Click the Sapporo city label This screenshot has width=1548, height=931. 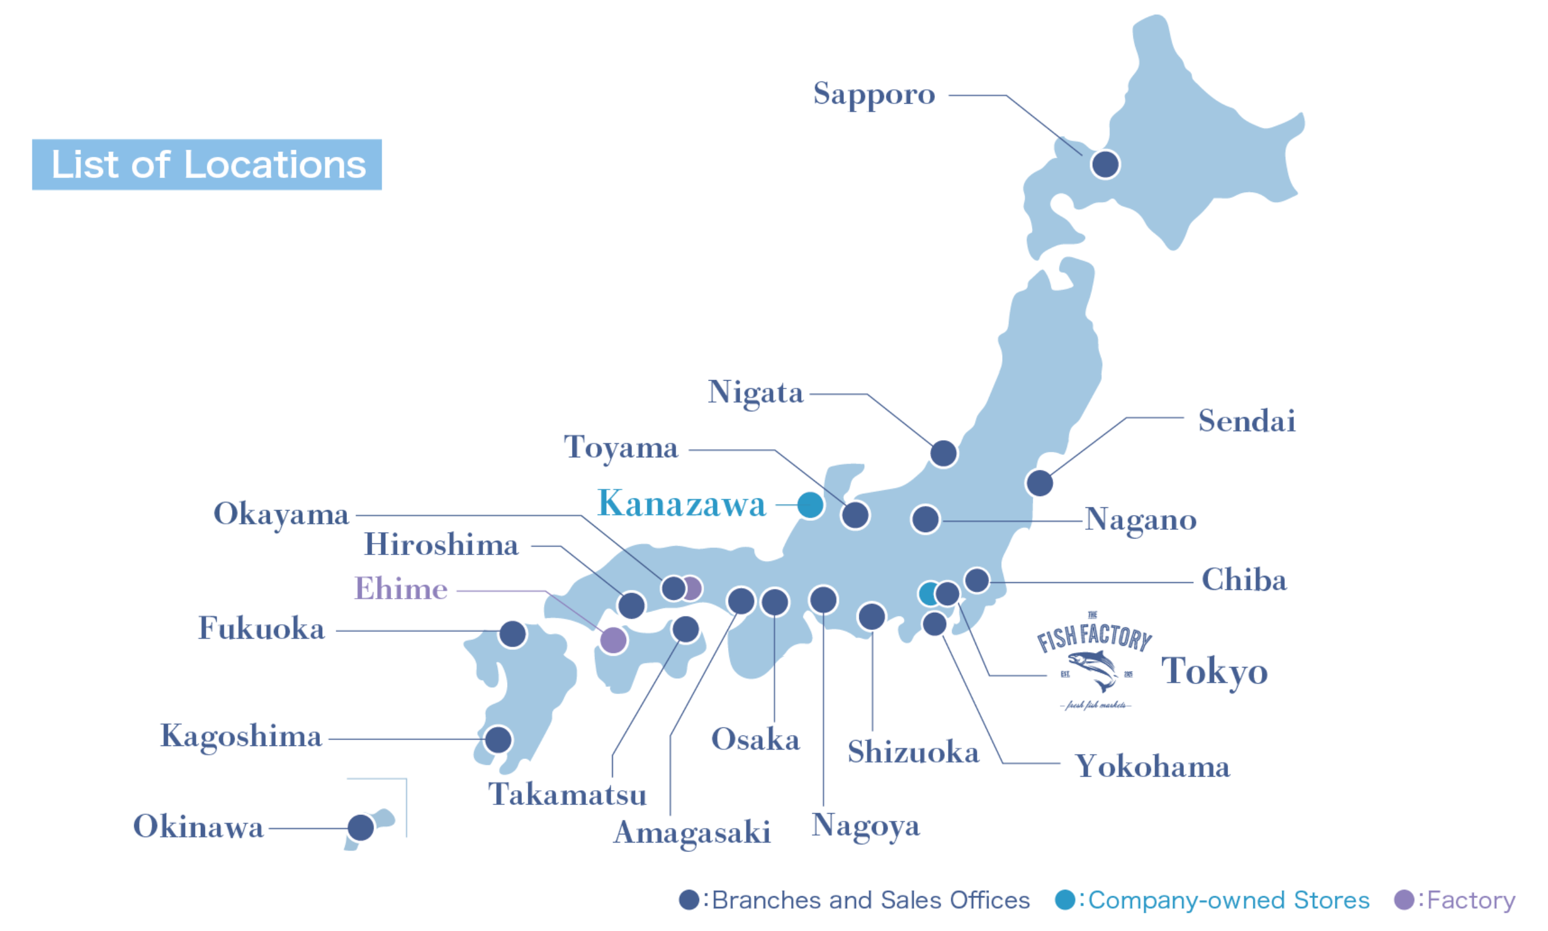pos(874,95)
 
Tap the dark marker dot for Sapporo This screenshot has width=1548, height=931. pos(1104,164)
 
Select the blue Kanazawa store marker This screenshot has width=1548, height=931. pos(810,504)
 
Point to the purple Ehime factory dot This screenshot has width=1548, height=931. pos(613,640)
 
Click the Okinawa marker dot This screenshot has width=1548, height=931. pos(360,827)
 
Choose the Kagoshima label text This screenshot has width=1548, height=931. pos(242,737)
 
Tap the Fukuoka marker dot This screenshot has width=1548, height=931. pos(512,634)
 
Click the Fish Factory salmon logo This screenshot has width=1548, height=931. pos(1093,662)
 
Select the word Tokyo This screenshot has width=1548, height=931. pos(1215,671)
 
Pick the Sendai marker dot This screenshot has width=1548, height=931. pos(1039,483)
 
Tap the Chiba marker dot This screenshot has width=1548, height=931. pos(977,580)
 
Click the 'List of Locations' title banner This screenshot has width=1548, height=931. pos(207,164)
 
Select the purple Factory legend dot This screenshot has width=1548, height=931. pos(1404,900)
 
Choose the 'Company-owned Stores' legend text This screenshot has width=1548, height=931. pos(1229,900)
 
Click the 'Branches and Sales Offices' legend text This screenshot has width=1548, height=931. pos(871,900)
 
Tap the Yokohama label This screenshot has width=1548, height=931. pos(1152,767)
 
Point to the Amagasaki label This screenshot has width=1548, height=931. pos(692,833)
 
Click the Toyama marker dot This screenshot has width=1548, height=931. pos(855,515)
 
